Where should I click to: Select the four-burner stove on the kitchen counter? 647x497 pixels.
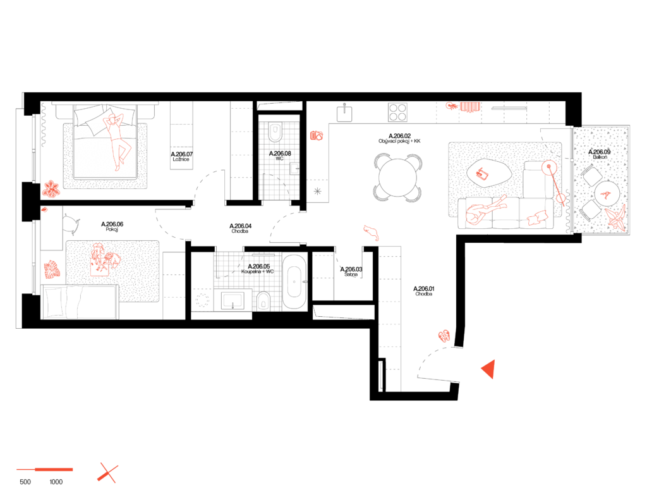point(397,113)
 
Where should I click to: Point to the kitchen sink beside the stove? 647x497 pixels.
point(344,114)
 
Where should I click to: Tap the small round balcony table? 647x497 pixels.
point(607,193)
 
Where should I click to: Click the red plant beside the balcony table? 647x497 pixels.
point(616,218)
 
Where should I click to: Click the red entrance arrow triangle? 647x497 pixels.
point(488,369)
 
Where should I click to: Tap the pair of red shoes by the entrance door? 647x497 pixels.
point(444,336)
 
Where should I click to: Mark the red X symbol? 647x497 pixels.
point(108,473)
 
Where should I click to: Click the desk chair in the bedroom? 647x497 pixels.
point(71,223)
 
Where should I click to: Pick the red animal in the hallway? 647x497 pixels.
point(372,232)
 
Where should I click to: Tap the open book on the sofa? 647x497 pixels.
point(537,218)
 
